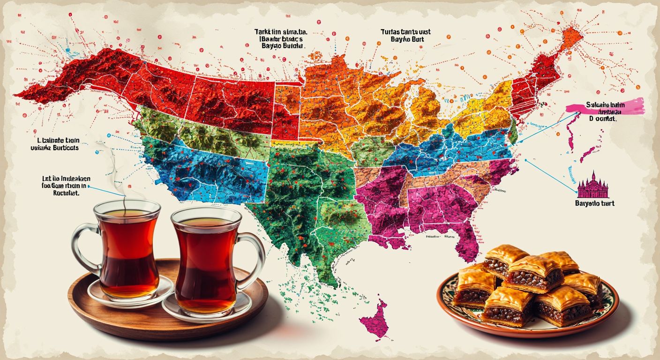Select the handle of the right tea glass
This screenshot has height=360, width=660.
click(255, 255)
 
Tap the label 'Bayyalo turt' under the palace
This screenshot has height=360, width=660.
click(594, 203)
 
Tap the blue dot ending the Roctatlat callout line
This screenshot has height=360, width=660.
click(88, 187)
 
